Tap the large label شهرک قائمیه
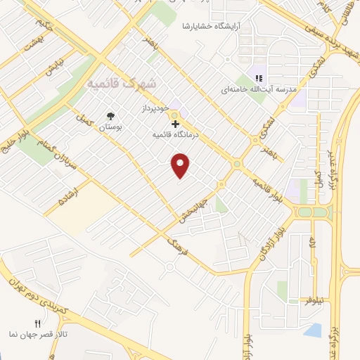(121, 84)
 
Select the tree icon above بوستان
(110, 115)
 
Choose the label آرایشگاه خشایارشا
(217, 25)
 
